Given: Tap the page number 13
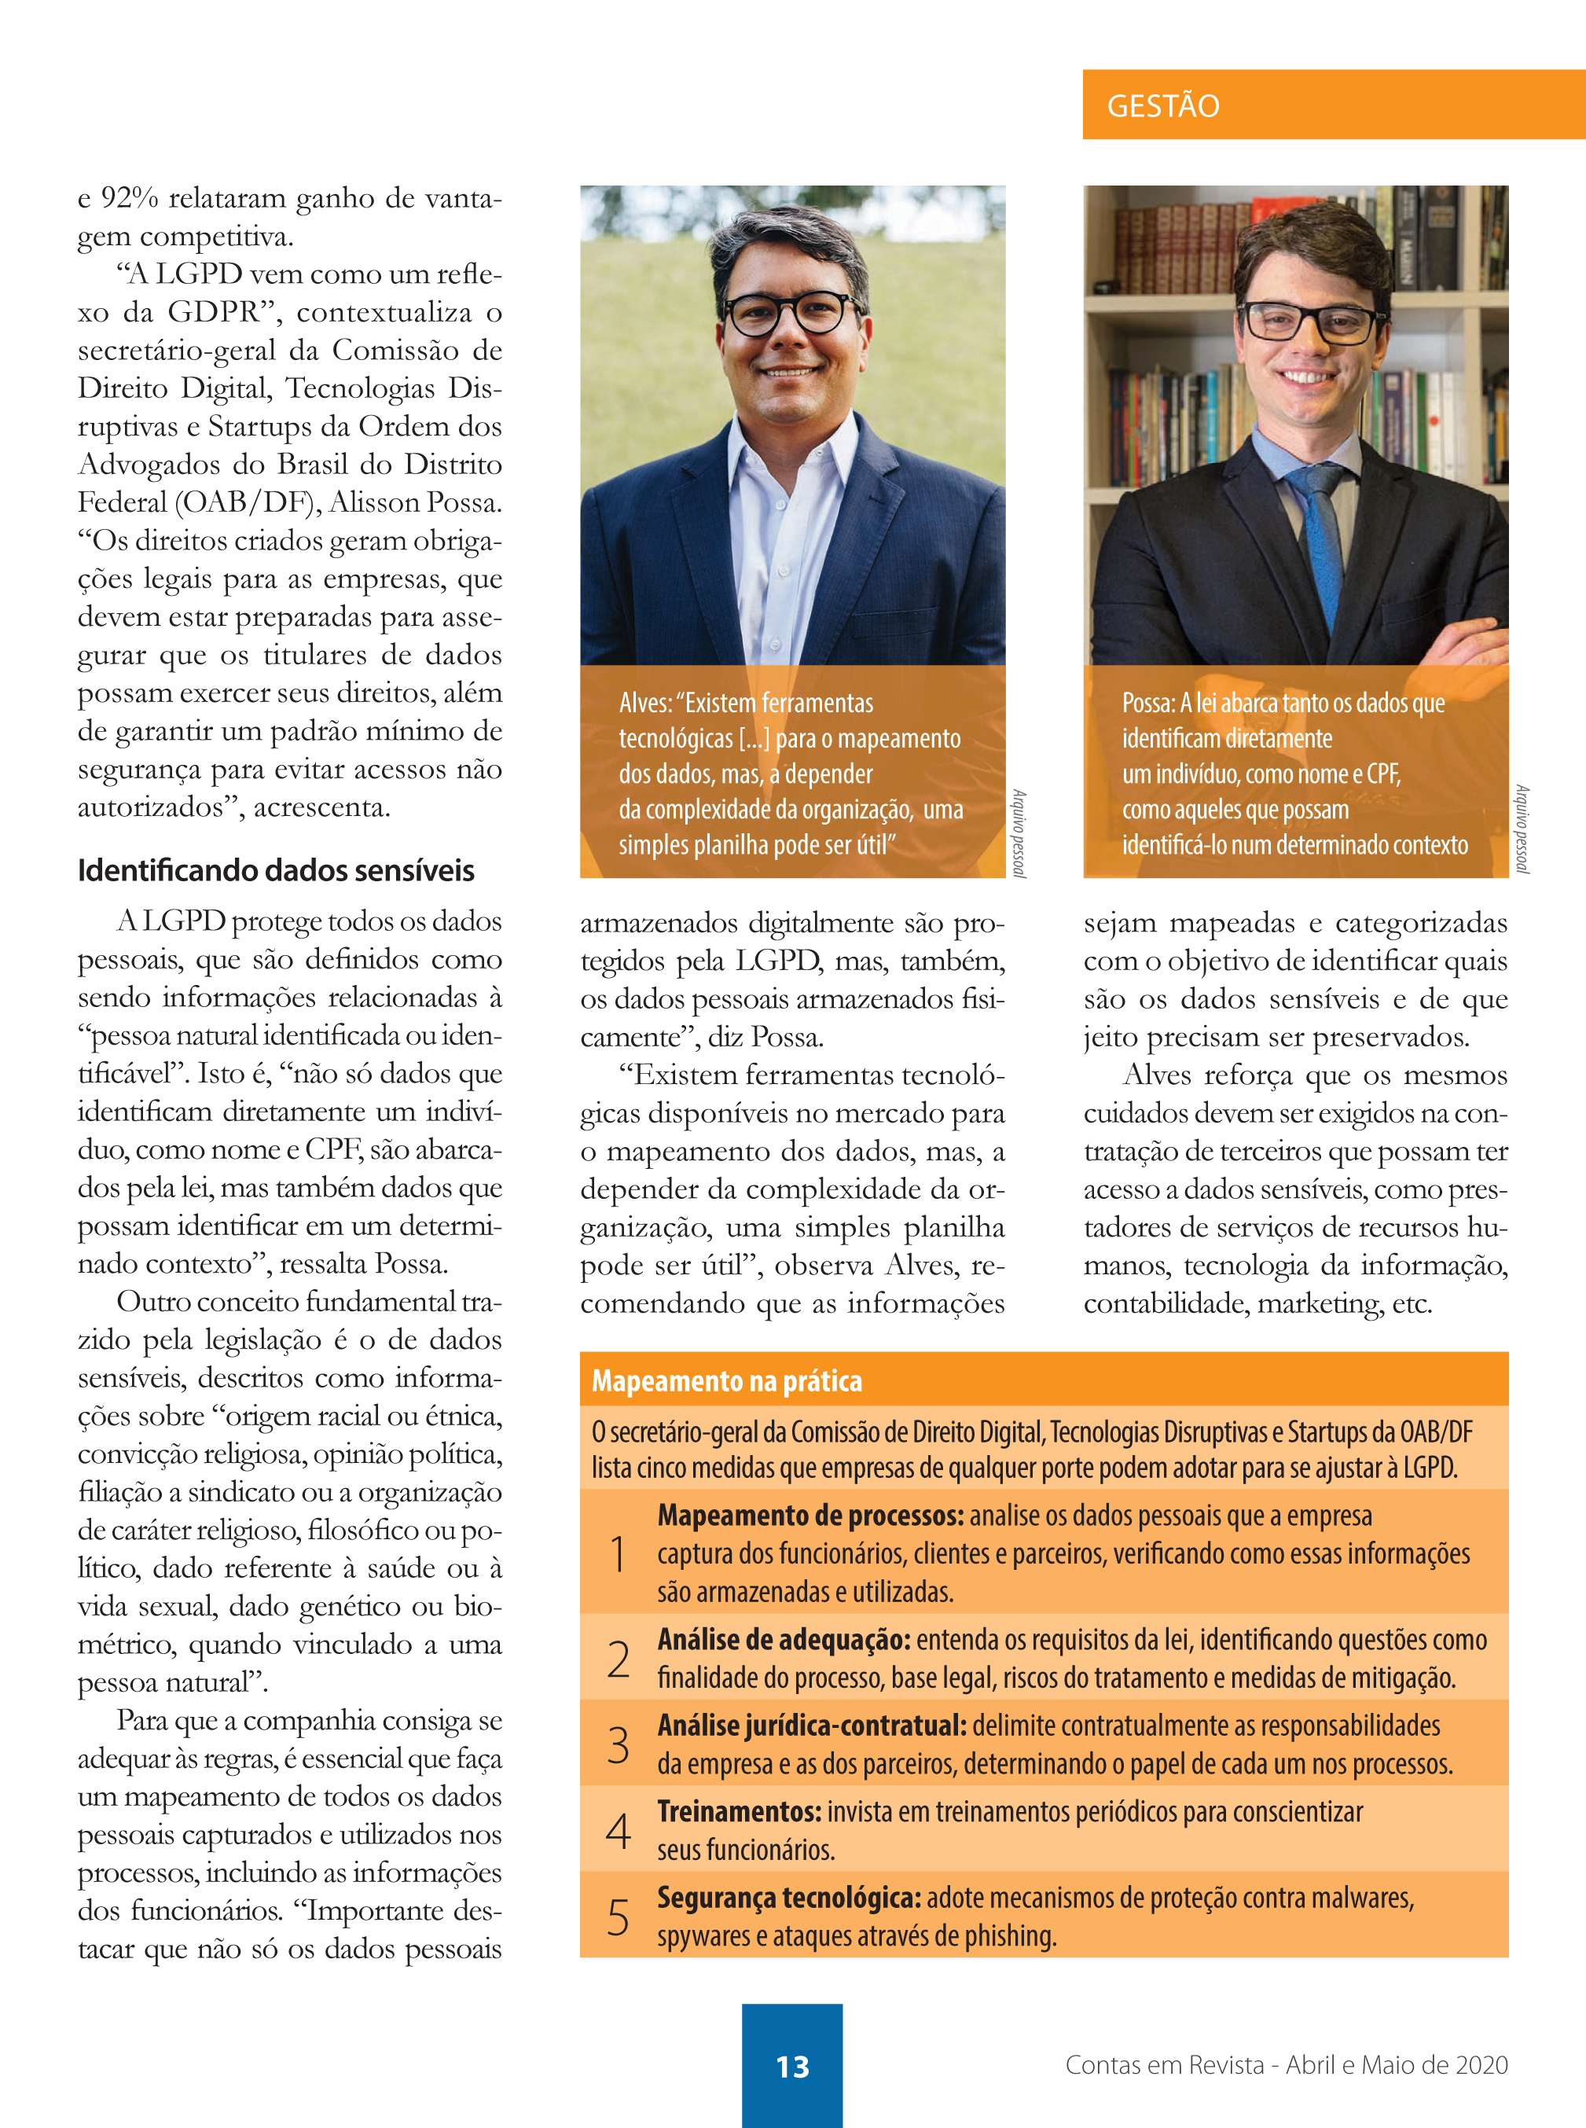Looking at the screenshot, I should (x=792, y=2066).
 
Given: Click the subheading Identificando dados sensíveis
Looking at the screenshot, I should (x=276, y=870).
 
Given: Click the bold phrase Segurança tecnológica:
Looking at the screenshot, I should (x=788, y=1898).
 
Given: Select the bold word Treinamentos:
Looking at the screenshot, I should (x=738, y=1812).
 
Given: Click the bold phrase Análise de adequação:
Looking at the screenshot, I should (x=784, y=1639).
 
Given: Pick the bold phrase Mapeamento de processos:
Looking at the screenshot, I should (x=810, y=1516).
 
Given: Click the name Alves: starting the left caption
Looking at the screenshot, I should (x=644, y=703).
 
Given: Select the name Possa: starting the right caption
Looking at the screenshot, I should (x=1147, y=703).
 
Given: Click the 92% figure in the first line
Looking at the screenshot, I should (x=130, y=198).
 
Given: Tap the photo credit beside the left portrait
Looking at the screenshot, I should (x=1019, y=832).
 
